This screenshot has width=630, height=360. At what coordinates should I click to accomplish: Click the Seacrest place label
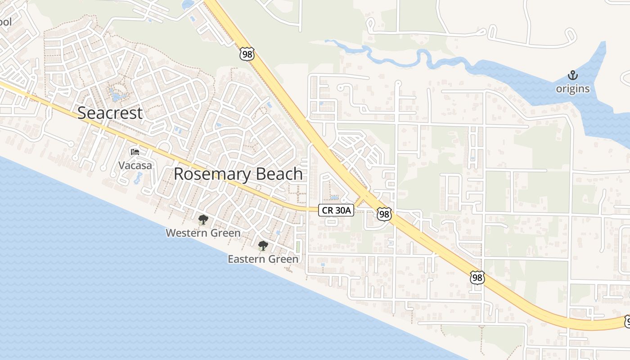(110, 113)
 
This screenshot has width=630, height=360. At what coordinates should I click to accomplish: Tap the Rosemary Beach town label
(238, 174)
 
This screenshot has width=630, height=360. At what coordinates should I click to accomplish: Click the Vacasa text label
(135, 166)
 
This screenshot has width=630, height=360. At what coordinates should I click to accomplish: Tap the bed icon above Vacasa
(135, 152)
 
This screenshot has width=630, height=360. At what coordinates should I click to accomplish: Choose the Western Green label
(203, 233)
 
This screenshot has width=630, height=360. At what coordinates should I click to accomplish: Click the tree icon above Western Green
(203, 220)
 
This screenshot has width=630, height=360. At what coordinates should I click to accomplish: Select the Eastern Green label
(263, 259)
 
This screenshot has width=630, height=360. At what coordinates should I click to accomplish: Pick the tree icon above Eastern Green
(263, 246)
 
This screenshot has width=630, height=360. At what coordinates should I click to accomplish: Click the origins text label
(572, 89)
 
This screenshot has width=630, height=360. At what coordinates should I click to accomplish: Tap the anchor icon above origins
(572, 75)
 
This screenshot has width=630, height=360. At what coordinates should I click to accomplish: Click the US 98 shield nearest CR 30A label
(384, 214)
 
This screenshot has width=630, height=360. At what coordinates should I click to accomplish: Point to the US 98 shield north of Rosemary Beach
(247, 54)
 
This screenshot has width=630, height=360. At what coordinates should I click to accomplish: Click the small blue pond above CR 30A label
(334, 197)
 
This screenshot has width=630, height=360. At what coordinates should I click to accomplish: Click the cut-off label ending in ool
(6, 22)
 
